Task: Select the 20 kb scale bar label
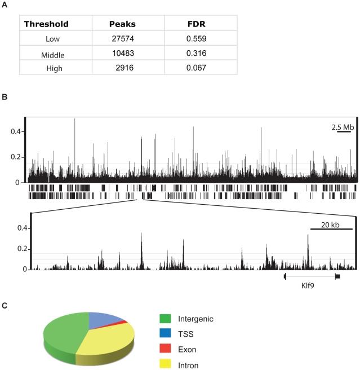click(x=331, y=224)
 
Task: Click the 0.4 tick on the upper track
click(x=16, y=132)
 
